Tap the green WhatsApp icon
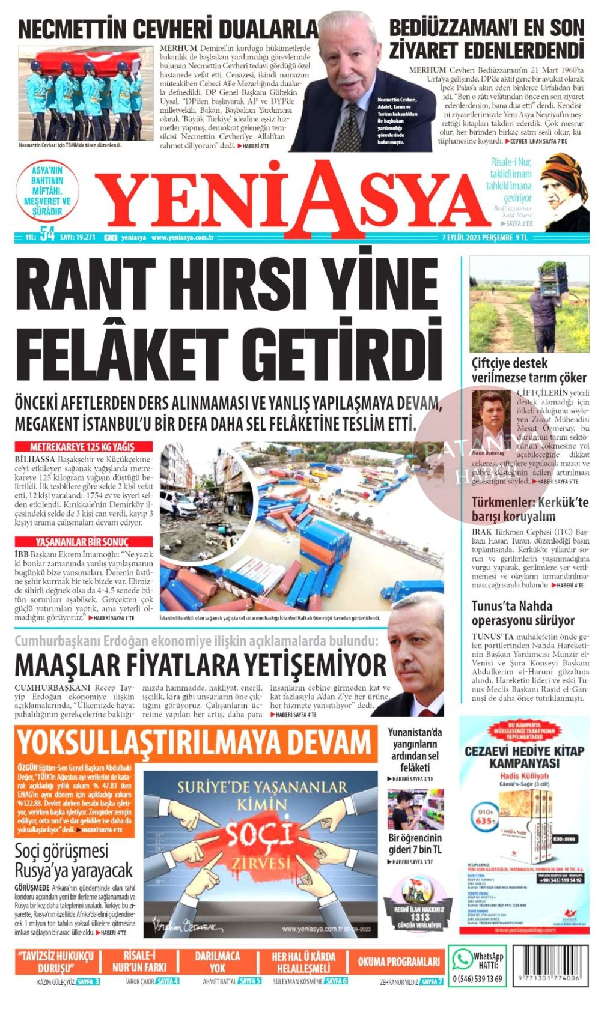pyautogui.click(x=462, y=959)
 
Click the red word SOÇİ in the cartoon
pyautogui.click(x=259, y=835)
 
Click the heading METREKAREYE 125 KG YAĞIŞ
pyautogui.click(x=83, y=447)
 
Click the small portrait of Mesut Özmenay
pyautogui.click(x=490, y=420)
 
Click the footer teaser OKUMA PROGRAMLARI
pyautogui.click(x=398, y=962)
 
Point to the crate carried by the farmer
pyautogui.click(x=553, y=275)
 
